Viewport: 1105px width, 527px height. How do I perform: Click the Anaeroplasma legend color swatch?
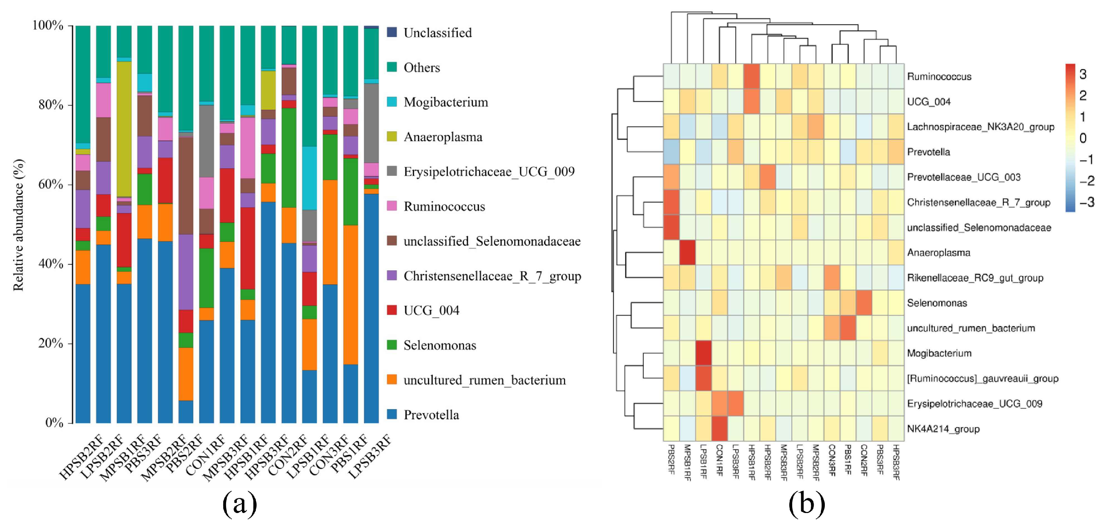pos(392,137)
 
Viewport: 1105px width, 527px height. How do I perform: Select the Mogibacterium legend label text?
pos(445,102)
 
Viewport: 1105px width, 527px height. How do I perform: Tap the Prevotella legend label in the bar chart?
pos(431,414)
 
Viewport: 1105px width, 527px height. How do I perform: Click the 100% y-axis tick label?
pos(48,25)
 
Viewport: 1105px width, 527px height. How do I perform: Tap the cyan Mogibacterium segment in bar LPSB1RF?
pos(309,178)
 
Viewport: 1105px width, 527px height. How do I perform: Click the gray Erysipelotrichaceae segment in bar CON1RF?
pos(206,141)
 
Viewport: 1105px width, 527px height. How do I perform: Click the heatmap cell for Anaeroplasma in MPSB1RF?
pos(687,252)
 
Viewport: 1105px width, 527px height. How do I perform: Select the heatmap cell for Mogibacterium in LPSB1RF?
pos(703,353)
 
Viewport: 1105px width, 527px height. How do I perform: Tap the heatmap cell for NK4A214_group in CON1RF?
pos(719,429)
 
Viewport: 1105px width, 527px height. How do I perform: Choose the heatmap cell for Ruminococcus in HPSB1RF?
pos(752,76)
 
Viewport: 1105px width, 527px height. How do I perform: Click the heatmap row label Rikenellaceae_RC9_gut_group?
pos(975,278)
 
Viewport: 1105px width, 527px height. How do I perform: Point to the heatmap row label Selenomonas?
pos(937,303)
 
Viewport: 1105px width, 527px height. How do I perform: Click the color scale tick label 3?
pos(1083,74)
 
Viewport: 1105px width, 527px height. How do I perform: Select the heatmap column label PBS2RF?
pos(671,459)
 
